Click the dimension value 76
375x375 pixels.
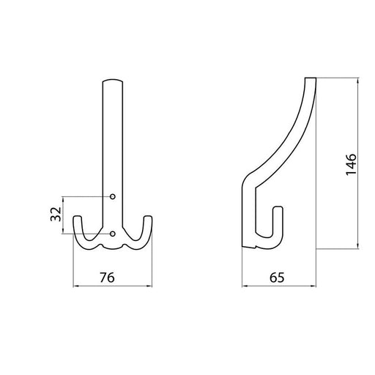tap(107, 278)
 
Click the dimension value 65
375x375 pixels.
tap(277, 278)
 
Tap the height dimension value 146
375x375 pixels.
tap(351, 164)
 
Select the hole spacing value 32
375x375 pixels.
tap(56, 214)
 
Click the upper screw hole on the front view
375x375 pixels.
tap(113, 196)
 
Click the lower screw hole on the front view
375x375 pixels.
tap(113, 234)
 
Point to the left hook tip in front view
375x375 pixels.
tap(78, 217)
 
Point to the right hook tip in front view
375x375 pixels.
tap(148, 217)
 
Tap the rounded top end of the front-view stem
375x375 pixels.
tap(113, 80)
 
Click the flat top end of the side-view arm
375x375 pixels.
tap(311, 78)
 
